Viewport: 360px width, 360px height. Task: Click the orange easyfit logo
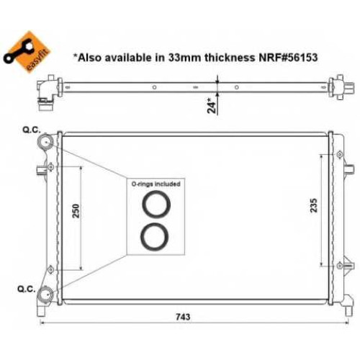pos(27,52)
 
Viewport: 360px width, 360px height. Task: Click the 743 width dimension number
pos(183,317)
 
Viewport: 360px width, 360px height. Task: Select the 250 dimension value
pos(76,211)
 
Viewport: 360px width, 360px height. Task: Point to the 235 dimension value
pos(314,205)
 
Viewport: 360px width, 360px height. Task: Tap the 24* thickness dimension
pos(212,105)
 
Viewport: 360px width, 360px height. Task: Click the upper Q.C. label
pos(32,130)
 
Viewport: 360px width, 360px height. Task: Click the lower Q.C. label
pos(27,289)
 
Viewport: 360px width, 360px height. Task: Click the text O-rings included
pos(156,184)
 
